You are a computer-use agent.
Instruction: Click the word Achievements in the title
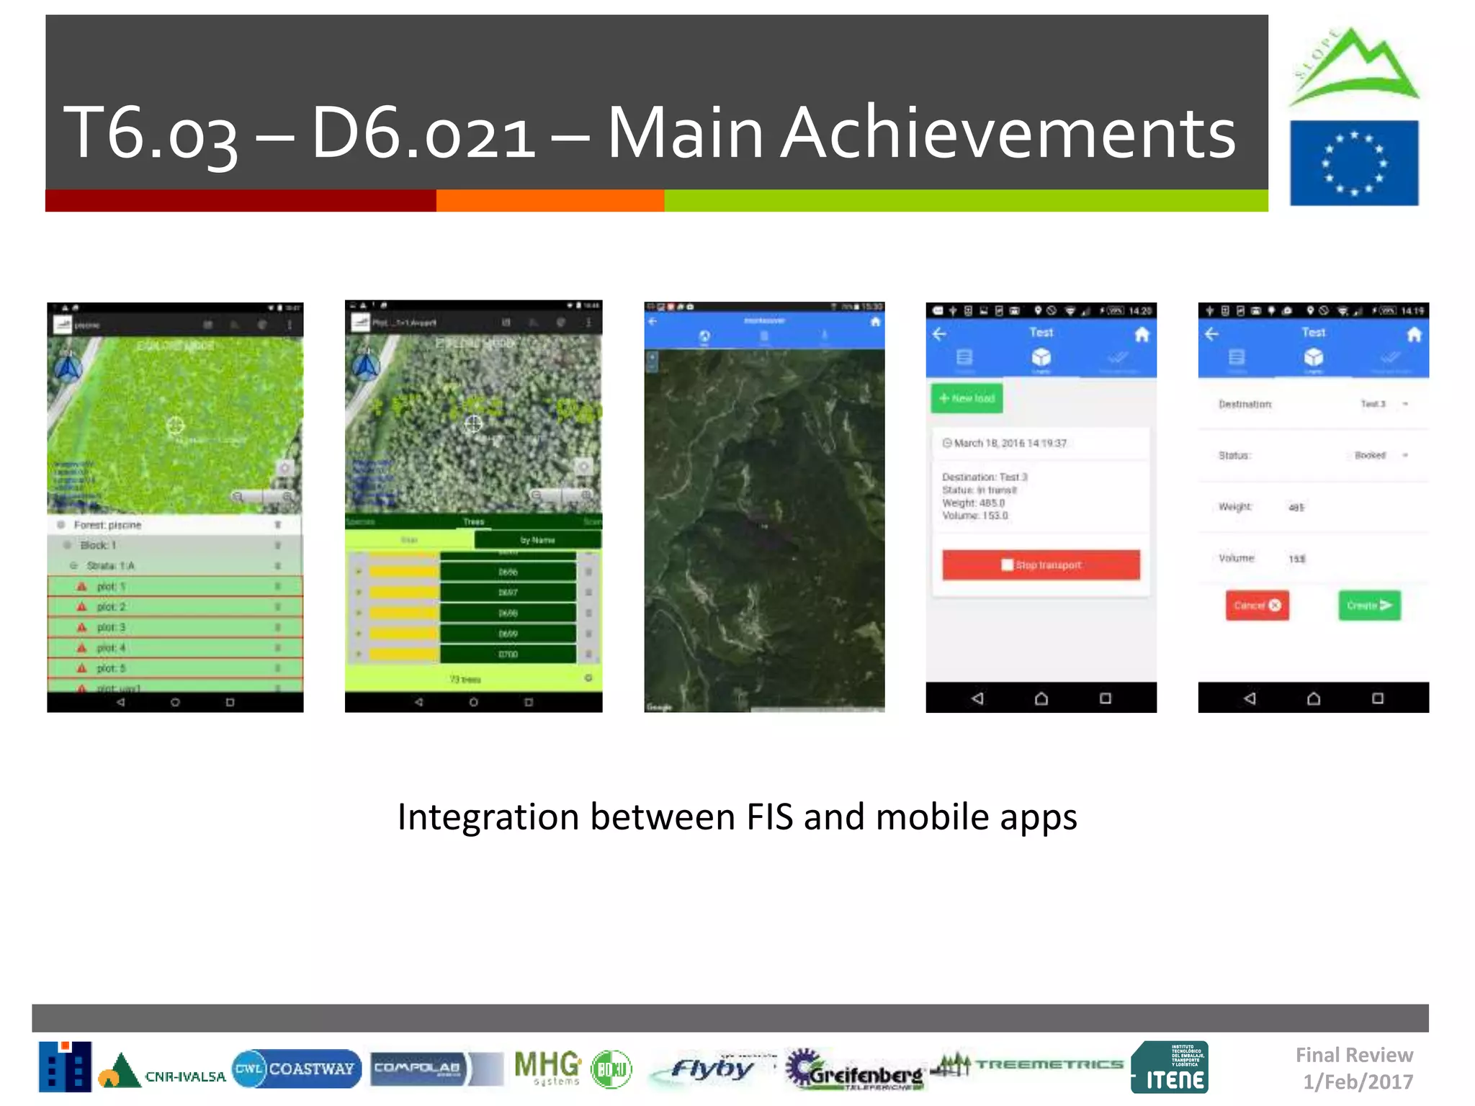[x=1008, y=133]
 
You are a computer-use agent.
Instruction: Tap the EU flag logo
[x=1353, y=163]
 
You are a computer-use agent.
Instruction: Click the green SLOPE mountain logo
[x=1354, y=68]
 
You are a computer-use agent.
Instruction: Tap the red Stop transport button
[x=1041, y=565]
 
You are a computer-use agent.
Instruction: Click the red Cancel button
[x=1257, y=606]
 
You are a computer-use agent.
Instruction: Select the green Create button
[x=1369, y=606]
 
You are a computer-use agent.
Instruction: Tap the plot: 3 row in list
[x=175, y=627]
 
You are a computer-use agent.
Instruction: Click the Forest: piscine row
[x=175, y=525]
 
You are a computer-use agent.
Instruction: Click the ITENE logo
[x=1170, y=1068]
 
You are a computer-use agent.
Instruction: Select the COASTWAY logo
[x=296, y=1069]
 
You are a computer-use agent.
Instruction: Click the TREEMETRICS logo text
[x=1049, y=1064]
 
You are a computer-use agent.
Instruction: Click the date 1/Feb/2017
[x=1358, y=1082]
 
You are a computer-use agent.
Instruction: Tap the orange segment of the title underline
[x=550, y=200]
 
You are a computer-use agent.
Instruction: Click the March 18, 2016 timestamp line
[x=1009, y=443]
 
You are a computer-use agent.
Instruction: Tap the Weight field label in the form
[x=1234, y=507]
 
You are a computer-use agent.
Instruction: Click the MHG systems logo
[x=547, y=1067]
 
